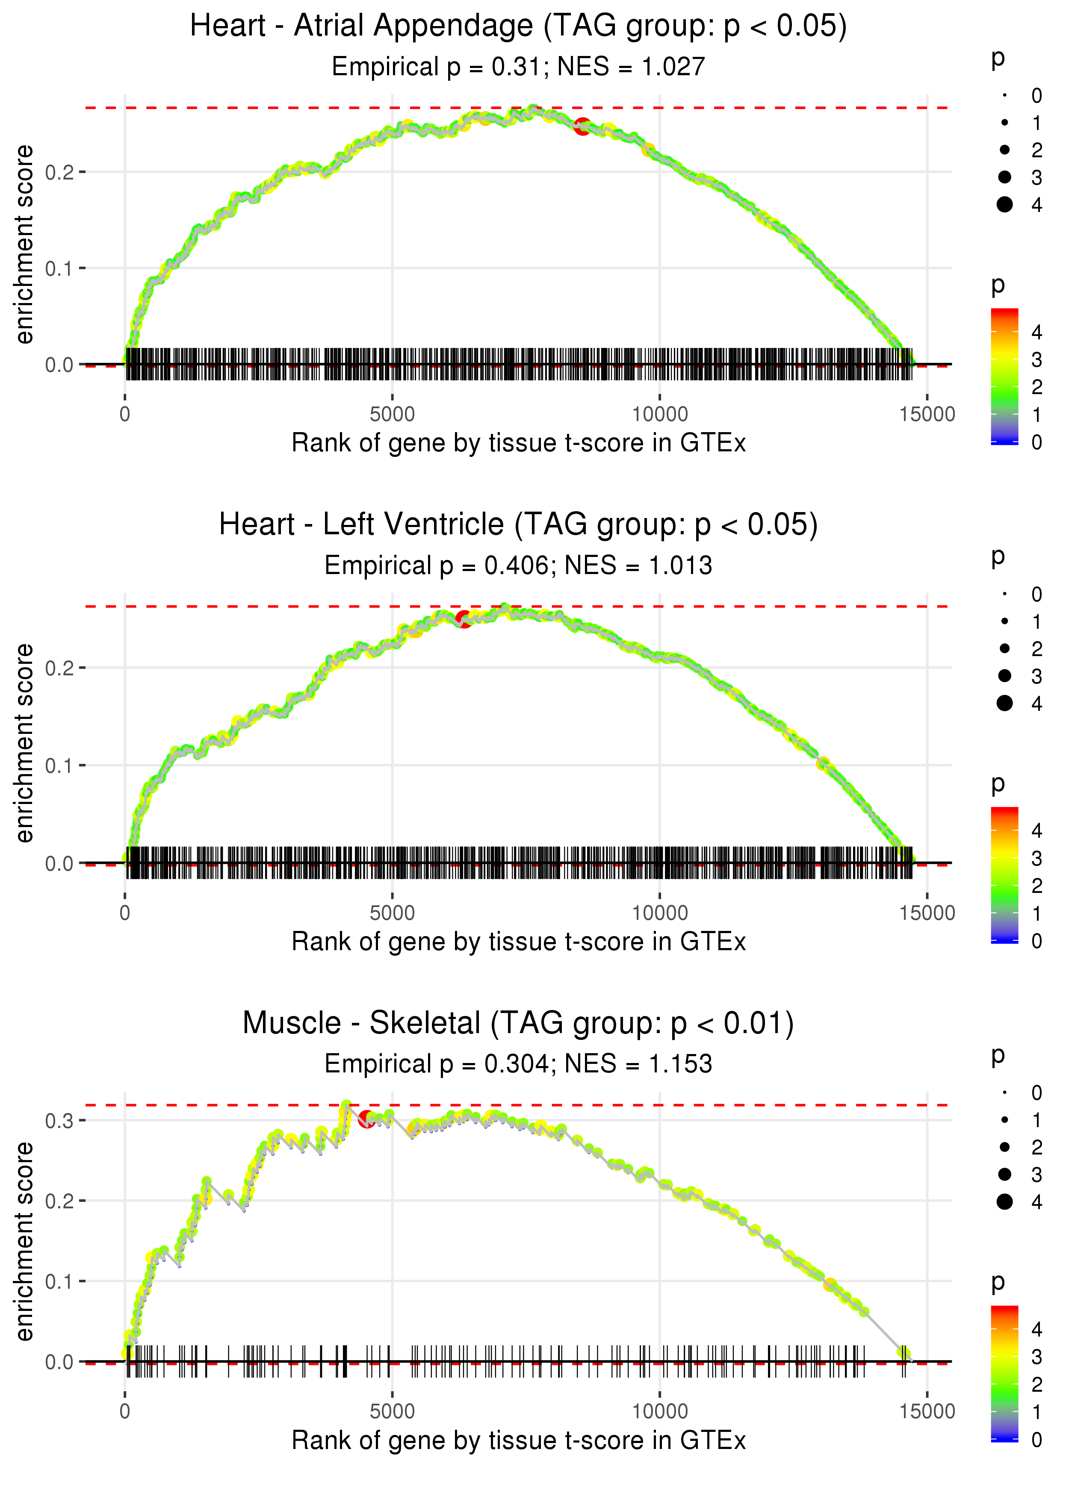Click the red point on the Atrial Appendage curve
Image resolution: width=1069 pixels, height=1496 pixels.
click(582, 127)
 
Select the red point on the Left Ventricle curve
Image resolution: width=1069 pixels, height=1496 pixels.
click(464, 619)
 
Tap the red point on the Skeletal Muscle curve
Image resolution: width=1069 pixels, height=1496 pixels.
click(366, 1119)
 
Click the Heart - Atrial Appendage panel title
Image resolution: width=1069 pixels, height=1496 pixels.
click(518, 27)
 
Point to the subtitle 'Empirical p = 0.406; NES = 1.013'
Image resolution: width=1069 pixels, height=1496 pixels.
click(518, 566)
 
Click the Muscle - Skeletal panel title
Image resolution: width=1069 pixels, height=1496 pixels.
click(518, 1024)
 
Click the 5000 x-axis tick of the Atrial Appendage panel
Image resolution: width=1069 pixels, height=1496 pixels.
click(392, 415)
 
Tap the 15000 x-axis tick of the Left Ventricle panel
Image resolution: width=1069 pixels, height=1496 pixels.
click(927, 913)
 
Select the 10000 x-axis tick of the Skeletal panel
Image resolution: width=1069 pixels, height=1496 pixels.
click(659, 1412)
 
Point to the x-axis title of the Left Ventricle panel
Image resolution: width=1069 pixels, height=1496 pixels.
click(518, 942)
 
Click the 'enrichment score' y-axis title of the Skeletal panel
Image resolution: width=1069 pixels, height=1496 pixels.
click(24, 1241)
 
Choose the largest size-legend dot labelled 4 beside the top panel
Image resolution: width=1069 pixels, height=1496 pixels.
click(1004, 205)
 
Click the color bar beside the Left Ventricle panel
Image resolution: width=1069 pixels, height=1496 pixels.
click(1004, 875)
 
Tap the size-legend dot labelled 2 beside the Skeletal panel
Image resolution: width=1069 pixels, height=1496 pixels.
click(1004, 1147)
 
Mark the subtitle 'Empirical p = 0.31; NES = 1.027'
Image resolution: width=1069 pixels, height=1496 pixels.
click(518, 67)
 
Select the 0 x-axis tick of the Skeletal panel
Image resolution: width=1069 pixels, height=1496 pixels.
click(125, 1412)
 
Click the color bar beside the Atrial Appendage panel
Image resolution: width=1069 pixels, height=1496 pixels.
click(1004, 376)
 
